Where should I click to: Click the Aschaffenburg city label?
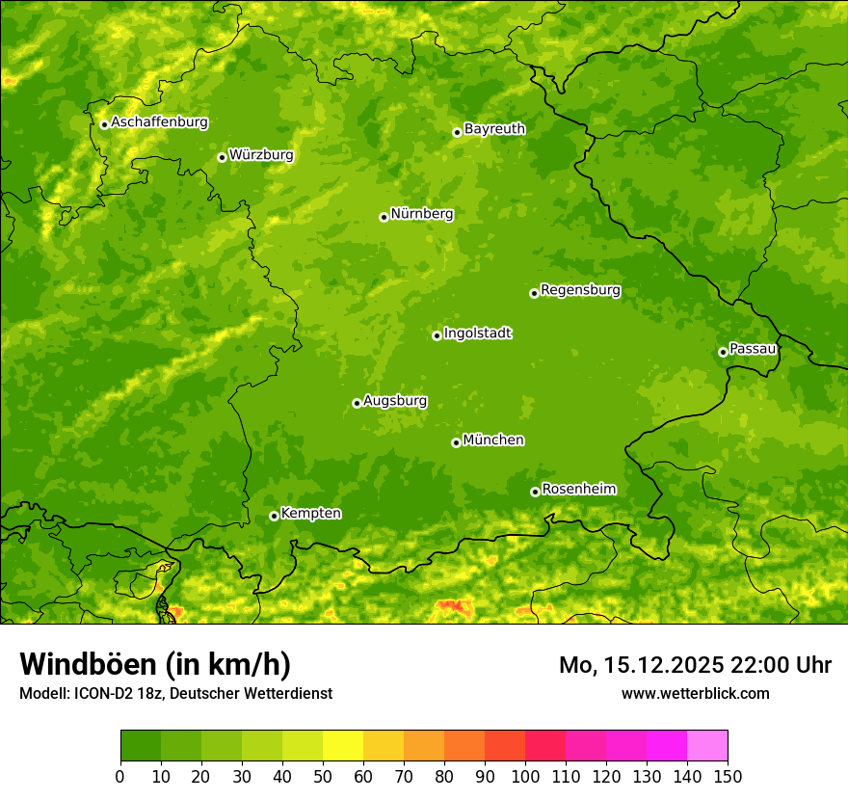click(x=159, y=122)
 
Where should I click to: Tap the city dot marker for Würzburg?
click(x=222, y=157)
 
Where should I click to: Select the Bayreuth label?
click(x=494, y=128)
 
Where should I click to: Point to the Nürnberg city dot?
click(x=384, y=217)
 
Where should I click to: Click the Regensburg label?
click(x=580, y=290)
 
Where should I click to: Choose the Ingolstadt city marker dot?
click(x=437, y=335)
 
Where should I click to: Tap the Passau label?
click(x=753, y=348)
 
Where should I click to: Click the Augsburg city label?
click(x=395, y=401)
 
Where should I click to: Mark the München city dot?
click(x=456, y=442)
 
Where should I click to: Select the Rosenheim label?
click(x=578, y=489)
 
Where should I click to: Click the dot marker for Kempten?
click(x=274, y=516)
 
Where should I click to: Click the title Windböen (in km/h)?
click(x=154, y=665)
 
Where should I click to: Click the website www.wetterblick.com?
click(x=695, y=693)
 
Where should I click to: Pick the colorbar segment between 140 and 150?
click(x=707, y=746)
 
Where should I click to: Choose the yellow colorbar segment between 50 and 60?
click(x=343, y=746)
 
